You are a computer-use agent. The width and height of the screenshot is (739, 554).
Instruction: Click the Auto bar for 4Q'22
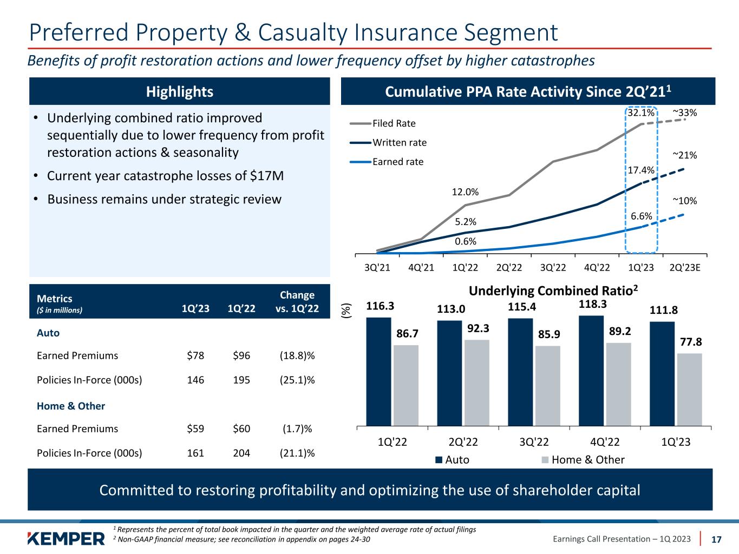pyautogui.click(x=591, y=371)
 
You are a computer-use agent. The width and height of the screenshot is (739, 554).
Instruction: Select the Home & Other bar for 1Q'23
pyautogui.click(x=689, y=390)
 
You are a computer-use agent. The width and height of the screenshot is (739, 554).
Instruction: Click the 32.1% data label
pyautogui.click(x=640, y=114)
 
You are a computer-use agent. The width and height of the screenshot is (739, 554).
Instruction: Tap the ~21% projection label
pyautogui.click(x=684, y=155)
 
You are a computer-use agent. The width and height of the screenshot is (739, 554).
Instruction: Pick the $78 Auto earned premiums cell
pyautogui.click(x=195, y=355)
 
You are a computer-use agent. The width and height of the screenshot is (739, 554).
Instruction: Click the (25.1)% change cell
pyautogui.click(x=297, y=380)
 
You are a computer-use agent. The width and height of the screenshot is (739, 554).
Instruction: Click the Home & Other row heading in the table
pyautogui.click(x=71, y=406)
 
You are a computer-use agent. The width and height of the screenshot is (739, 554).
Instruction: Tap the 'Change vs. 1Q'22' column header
pyautogui.click(x=297, y=302)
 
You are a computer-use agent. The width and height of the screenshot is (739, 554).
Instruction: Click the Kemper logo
pyautogui.click(x=66, y=539)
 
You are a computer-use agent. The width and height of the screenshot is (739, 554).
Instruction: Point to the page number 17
pyautogui.click(x=716, y=539)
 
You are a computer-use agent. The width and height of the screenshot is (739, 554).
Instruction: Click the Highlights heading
pyautogui.click(x=180, y=91)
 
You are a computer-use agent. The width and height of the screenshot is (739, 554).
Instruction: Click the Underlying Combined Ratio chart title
pyautogui.click(x=553, y=291)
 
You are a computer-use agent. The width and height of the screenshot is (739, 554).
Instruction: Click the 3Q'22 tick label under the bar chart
pyautogui.click(x=534, y=441)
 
